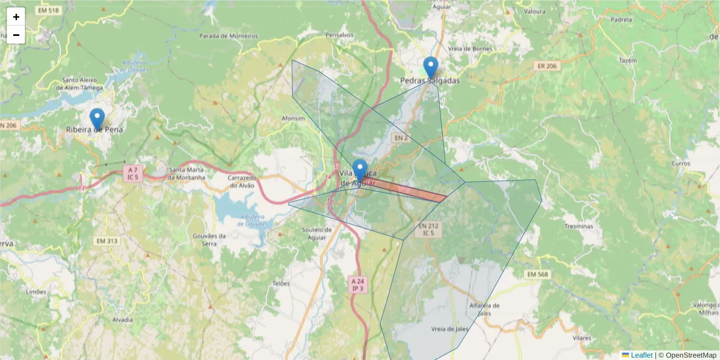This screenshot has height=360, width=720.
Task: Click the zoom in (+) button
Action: [x=16, y=17]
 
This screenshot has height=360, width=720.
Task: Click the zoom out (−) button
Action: [x=16, y=35]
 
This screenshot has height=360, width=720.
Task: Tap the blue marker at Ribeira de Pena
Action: [x=97, y=118]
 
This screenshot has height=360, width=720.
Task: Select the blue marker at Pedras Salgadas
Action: [x=430, y=67]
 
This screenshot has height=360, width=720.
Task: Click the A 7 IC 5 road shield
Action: [x=133, y=173]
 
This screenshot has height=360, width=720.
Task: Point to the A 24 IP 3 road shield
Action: [x=358, y=284]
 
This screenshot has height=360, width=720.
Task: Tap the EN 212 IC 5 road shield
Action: [x=428, y=229]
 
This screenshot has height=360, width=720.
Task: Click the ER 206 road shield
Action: [x=548, y=66]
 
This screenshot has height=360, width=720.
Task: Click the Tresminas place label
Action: [x=578, y=226]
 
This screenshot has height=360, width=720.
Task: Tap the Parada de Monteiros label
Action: [x=229, y=36]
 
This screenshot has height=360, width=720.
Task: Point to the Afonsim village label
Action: [x=293, y=119]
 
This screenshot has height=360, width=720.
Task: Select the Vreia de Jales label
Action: [x=449, y=329]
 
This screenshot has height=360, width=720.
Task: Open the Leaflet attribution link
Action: [x=641, y=355]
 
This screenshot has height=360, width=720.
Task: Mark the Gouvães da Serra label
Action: [x=209, y=239]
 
